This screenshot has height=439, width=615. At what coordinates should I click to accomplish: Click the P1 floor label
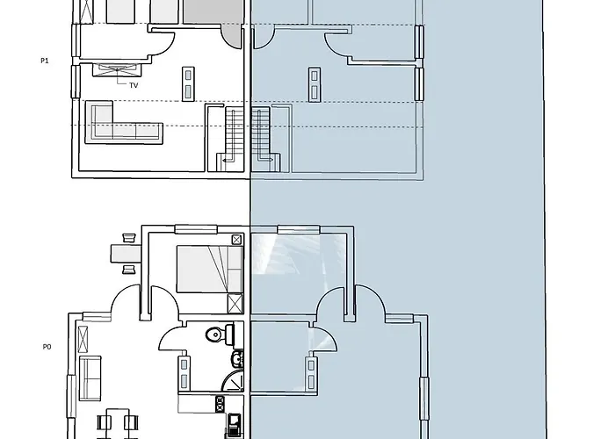click(45, 61)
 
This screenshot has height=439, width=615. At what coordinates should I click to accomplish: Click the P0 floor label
click(47, 347)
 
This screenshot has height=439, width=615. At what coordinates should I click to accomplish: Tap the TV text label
click(134, 85)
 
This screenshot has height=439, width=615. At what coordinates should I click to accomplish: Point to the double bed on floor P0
click(209, 269)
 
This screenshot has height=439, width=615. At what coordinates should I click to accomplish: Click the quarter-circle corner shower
click(233, 380)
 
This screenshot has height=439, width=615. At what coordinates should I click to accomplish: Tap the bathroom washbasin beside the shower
click(238, 358)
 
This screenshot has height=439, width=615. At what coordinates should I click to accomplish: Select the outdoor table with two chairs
click(127, 253)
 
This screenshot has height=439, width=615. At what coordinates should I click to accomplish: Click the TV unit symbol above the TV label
click(117, 69)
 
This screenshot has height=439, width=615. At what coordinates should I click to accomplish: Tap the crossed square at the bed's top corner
click(236, 240)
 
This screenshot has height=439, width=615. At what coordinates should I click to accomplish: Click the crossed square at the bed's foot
click(235, 304)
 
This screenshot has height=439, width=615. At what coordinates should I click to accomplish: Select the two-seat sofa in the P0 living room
click(90, 378)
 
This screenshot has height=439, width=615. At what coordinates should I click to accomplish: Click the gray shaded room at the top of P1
click(213, 11)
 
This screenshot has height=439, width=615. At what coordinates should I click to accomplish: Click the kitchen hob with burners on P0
click(220, 405)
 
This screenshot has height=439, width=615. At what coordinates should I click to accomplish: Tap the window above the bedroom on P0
click(196, 229)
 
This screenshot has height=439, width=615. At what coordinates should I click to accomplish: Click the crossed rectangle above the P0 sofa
click(83, 340)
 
